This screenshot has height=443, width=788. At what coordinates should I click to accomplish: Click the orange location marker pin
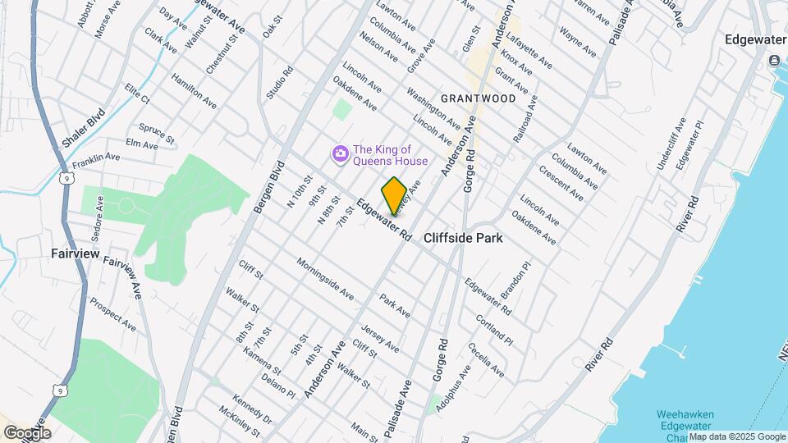[394, 195]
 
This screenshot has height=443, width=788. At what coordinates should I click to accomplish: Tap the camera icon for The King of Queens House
[339, 154]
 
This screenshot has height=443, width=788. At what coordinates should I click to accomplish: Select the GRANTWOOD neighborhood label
[479, 98]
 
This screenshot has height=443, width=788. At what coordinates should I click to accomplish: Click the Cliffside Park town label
[463, 238]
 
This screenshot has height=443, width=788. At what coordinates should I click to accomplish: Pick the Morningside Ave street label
[325, 279]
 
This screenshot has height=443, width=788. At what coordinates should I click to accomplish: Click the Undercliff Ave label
[670, 144]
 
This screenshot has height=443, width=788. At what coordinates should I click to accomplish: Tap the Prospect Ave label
[112, 313]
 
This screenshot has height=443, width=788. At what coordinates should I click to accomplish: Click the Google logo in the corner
[28, 432]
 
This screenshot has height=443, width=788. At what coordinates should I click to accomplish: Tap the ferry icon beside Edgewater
[774, 61]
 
